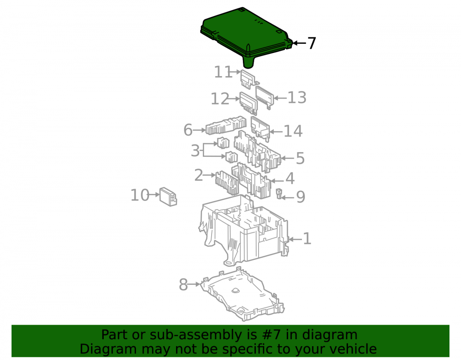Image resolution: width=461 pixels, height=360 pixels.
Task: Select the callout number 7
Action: tap(312, 43)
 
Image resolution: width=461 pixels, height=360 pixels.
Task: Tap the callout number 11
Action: tap(223, 72)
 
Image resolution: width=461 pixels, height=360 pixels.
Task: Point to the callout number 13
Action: tap(297, 98)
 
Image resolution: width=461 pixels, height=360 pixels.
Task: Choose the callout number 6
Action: tap(188, 130)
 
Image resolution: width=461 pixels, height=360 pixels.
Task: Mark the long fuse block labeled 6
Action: tap(226, 125)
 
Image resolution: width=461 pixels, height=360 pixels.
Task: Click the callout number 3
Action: tap(195, 151)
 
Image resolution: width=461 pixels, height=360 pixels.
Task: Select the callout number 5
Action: tap(300, 159)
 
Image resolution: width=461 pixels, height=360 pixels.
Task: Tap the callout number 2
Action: tap(199, 175)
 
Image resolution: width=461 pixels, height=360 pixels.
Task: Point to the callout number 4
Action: tap(290, 179)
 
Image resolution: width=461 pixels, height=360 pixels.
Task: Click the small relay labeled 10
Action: tap(168, 197)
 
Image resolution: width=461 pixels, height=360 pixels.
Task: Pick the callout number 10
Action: tap(140, 195)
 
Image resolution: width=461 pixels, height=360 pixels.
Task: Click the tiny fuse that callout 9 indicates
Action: tap(279, 194)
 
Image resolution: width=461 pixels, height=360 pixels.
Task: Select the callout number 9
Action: tap(301, 197)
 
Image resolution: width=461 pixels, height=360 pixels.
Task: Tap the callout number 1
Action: tap(307, 239)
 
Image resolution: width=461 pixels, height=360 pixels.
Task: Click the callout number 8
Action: tap(183, 285)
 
